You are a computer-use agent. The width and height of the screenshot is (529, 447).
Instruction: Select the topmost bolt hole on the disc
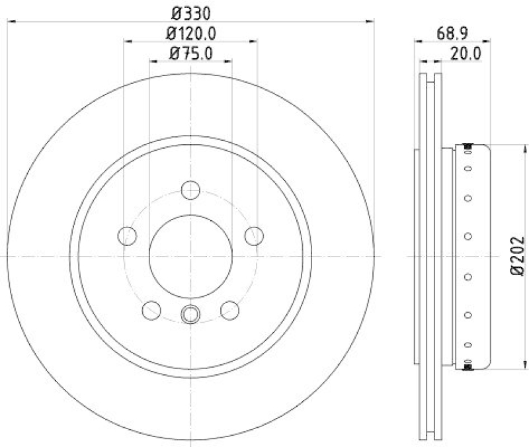[190, 189]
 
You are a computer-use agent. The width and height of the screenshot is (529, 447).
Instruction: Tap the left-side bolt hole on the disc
[126, 235]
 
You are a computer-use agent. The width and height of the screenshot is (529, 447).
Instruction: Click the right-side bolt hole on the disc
[254, 235]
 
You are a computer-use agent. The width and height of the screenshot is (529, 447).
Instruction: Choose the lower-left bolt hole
[151, 309]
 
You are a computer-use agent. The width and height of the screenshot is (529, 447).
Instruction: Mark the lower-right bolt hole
[229, 309]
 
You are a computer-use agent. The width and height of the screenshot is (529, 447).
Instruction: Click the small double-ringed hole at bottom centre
[190, 315]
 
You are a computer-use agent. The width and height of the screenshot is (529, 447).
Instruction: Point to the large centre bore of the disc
[190, 256]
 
